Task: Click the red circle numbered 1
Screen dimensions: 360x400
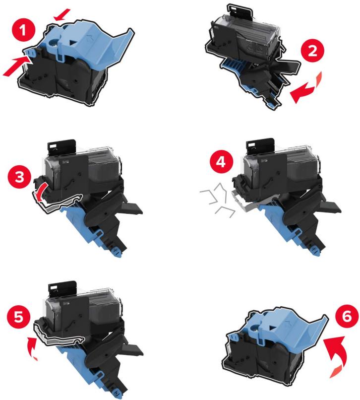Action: coord(23,30)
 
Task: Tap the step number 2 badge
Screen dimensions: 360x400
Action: coord(312,51)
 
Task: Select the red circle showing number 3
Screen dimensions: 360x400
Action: coord(19,176)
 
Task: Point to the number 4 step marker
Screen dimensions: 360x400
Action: coord(221,161)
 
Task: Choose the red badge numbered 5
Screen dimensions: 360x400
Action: coord(19,318)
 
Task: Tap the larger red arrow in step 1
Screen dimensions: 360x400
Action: coord(17,66)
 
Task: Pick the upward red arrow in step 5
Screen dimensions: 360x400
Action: coord(32,347)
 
